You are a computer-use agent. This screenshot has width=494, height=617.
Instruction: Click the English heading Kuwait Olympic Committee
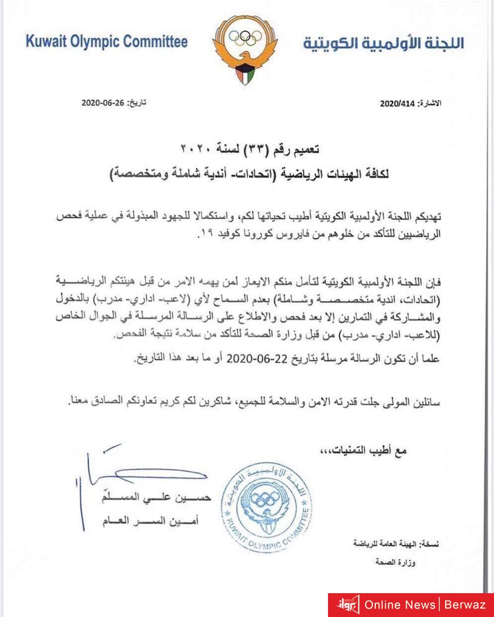[107, 41]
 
